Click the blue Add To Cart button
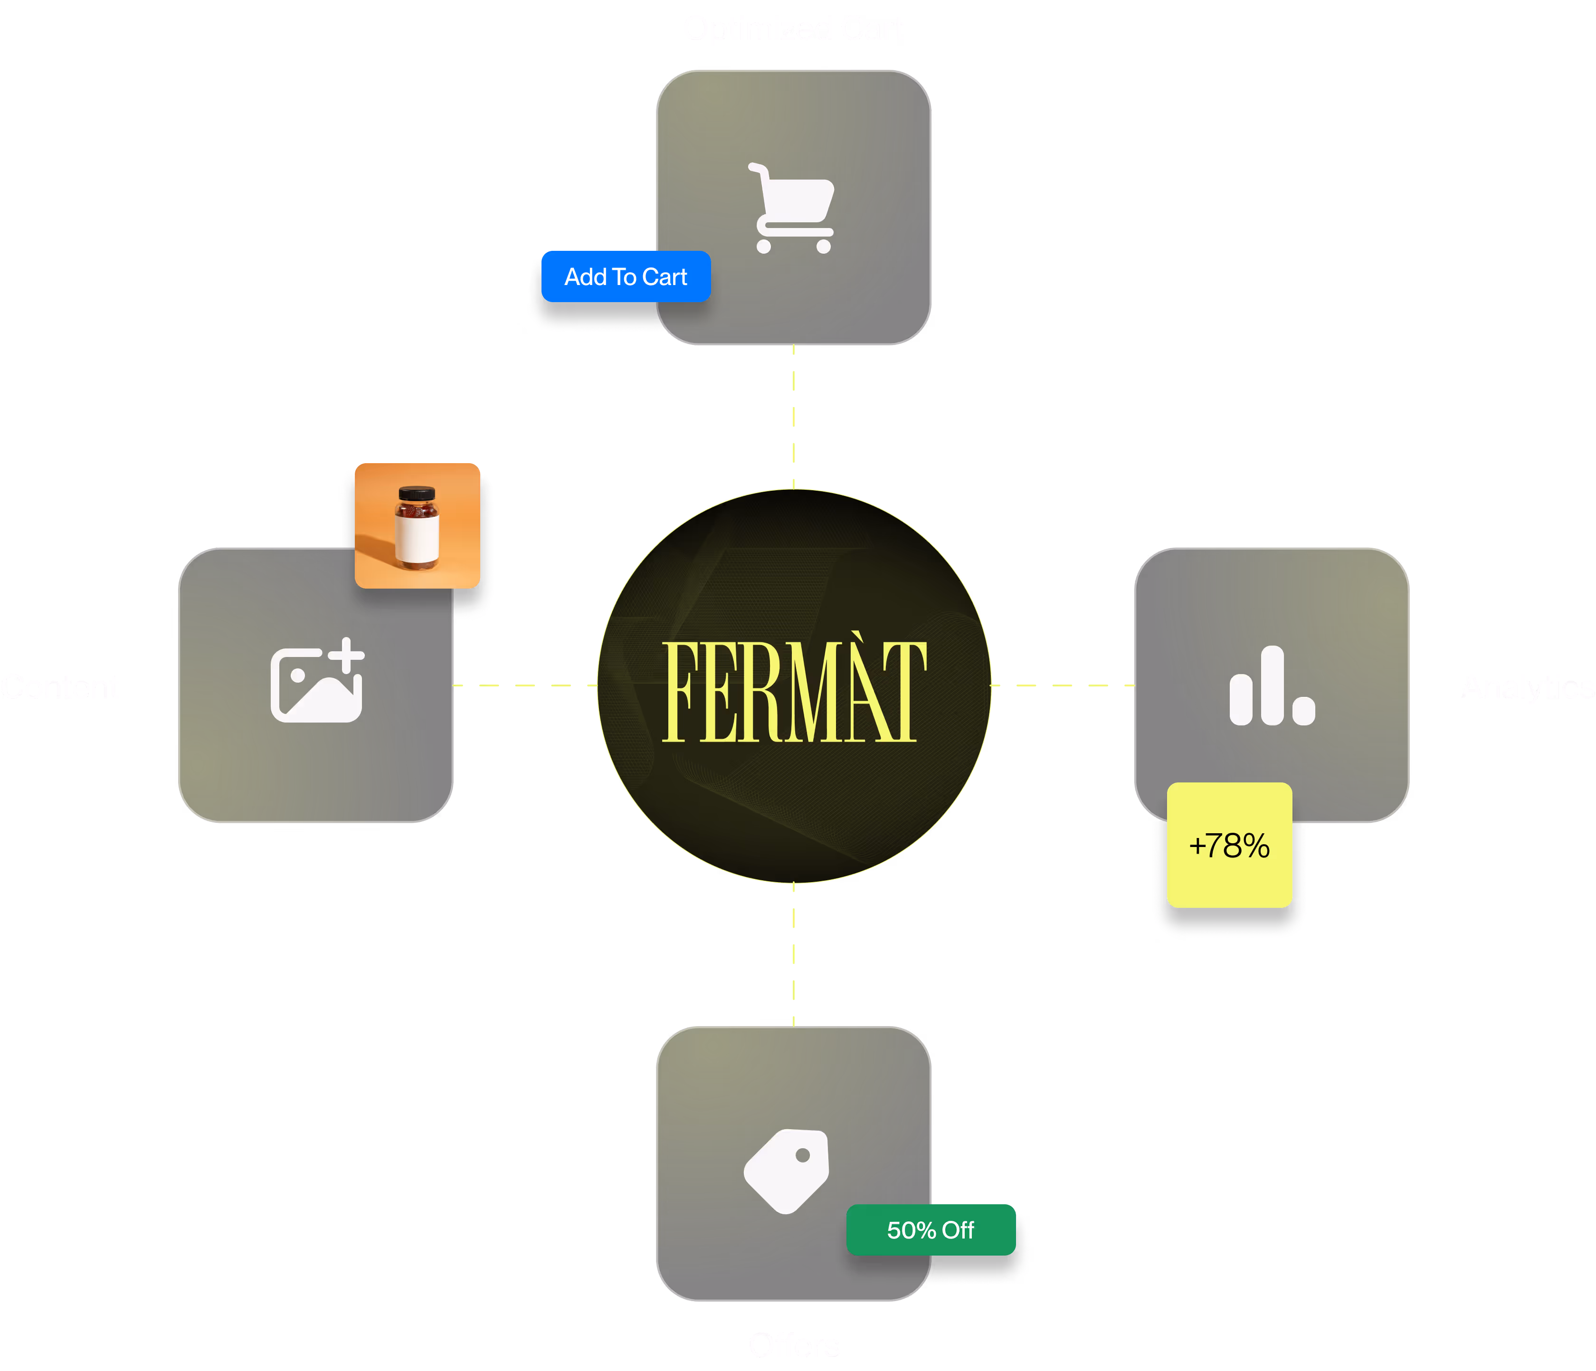(626, 276)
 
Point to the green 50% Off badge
(931, 1230)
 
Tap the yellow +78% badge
(1229, 846)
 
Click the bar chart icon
(1272, 685)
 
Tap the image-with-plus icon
(316, 681)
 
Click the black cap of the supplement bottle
(417, 493)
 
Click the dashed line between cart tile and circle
(793, 417)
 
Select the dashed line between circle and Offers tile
(793, 955)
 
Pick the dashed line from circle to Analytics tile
(1063, 685)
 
